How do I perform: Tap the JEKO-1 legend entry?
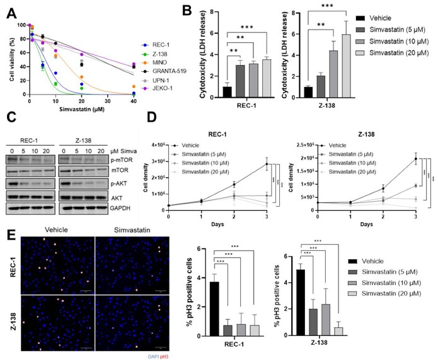(159, 91)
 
